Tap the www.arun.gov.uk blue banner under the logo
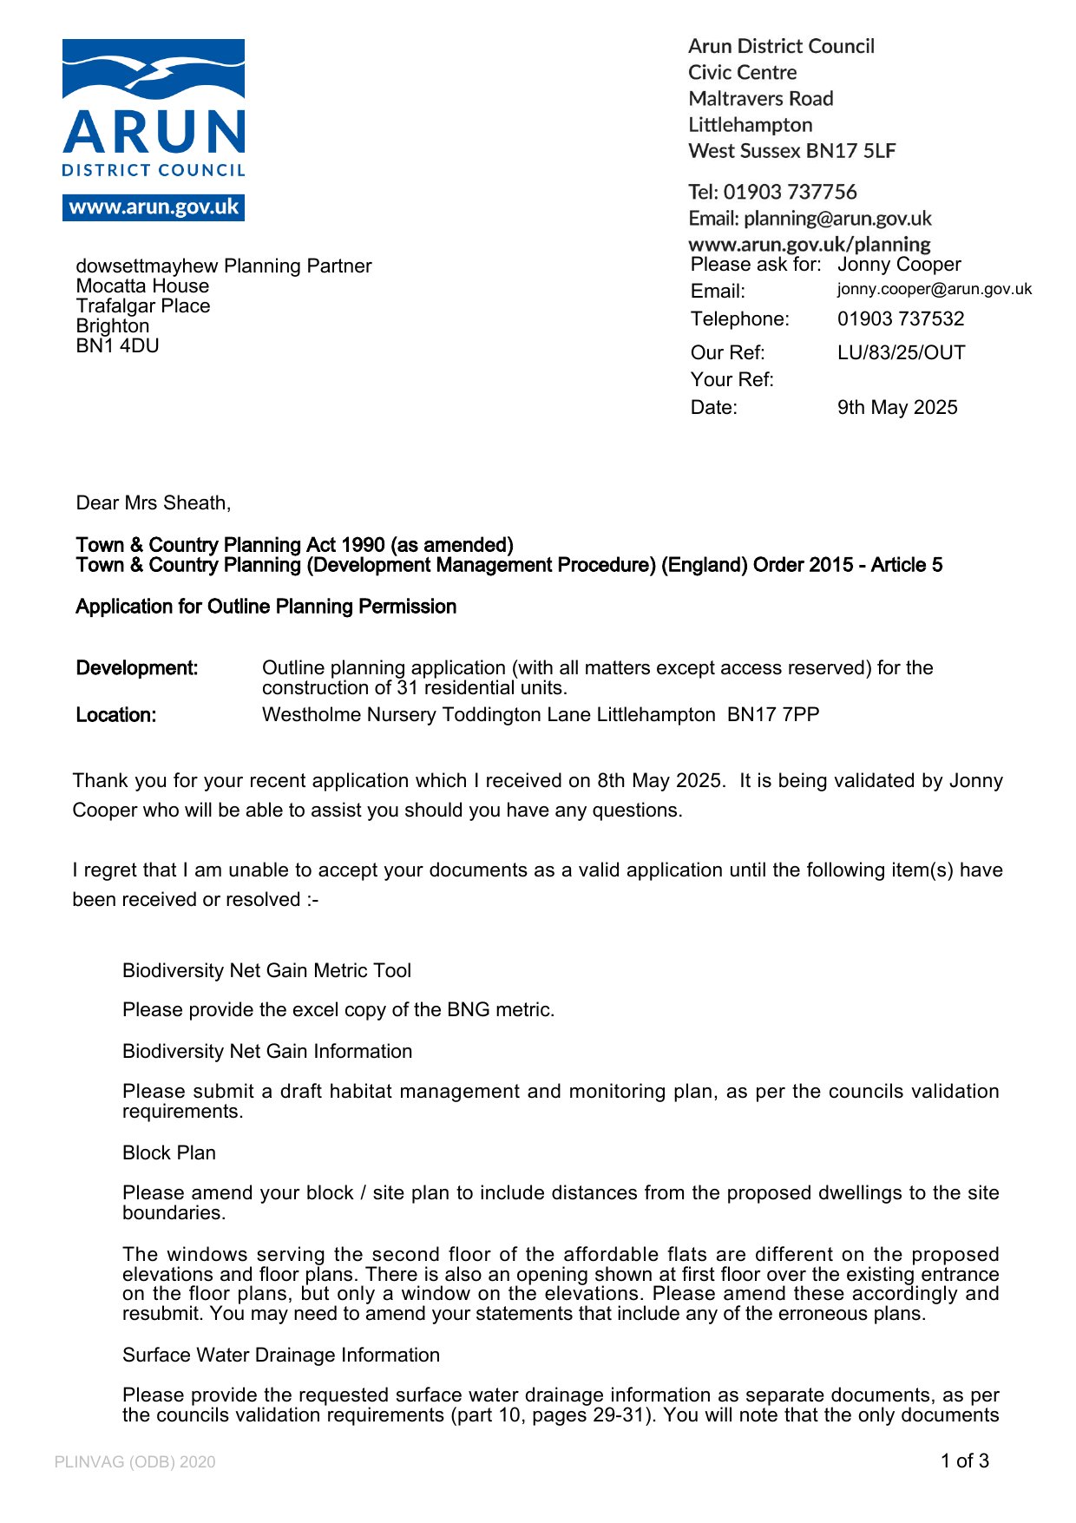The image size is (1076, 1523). [154, 208]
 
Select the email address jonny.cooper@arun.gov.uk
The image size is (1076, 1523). [934, 289]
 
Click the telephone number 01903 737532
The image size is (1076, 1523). [900, 318]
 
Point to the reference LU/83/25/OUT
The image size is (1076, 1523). [901, 352]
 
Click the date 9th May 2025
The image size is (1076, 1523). [896, 407]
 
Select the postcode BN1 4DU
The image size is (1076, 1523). [117, 345]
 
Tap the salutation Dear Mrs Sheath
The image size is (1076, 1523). [153, 502]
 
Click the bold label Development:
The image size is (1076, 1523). [137, 667]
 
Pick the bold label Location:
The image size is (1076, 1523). [116, 714]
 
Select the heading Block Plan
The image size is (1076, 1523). [169, 1152]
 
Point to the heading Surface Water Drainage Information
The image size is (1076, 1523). [281, 1355]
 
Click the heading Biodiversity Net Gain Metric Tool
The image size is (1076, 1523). [266, 970]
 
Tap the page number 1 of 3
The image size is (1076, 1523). [964, 1461]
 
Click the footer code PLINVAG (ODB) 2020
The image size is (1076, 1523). [134, 1462]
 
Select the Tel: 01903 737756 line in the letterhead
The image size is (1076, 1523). [772, 192]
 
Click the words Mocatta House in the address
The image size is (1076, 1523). [142, 286]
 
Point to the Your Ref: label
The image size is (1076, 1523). [732, 379]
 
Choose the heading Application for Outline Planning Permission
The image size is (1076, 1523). [266, 606]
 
